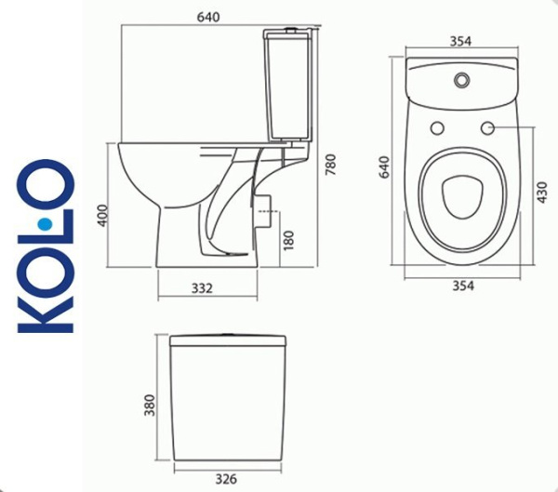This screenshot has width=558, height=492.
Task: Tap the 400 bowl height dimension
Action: tap(103, 216)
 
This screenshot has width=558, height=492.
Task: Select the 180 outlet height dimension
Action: tap(290, 239)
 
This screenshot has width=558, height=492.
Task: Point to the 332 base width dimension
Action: tap(202, 288)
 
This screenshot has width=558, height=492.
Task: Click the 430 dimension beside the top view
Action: tap(538, 193)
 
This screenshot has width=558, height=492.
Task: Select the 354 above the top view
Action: tap(461, 41)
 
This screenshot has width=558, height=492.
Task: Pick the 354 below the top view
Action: tap(462, 286)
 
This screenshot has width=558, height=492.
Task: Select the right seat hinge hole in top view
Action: tap(487, 127)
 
